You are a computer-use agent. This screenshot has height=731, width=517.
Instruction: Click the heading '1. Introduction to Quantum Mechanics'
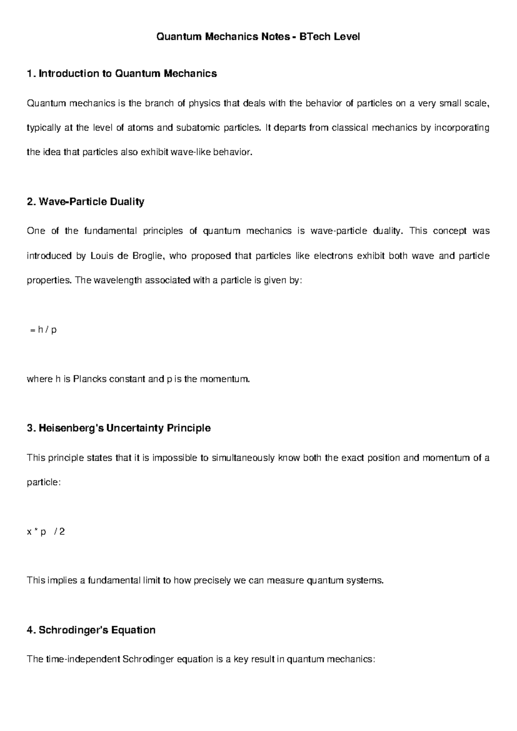(121, 74)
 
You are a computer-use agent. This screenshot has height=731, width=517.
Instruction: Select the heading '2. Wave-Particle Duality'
(85, 202)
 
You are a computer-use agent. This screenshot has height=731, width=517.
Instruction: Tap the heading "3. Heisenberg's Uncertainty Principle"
(118, 428)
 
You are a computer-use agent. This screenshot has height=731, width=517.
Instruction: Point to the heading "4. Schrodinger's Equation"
(91, 630)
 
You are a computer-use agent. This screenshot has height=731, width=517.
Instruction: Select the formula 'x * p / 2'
(46, 532)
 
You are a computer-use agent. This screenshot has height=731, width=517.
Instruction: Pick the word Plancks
(90, 380)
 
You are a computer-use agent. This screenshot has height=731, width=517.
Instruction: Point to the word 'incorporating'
(461, 128)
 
